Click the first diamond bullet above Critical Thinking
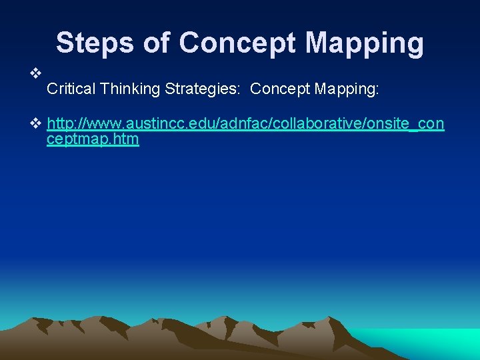click(36, 72)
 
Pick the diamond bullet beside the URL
click(36, 124)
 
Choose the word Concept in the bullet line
click(279, 89)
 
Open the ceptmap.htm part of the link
click(93, 140)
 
